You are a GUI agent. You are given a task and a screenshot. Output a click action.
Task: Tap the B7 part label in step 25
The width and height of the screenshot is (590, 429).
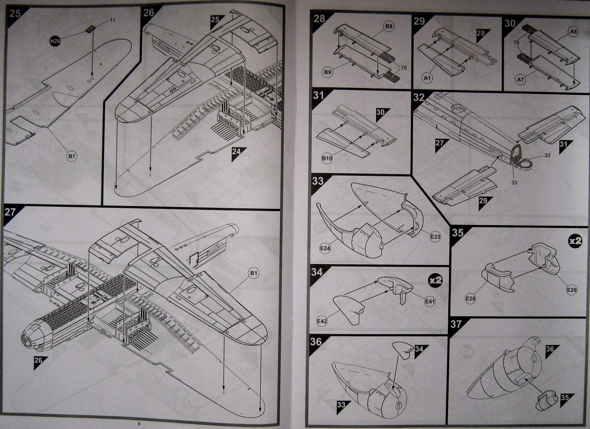coord(72,157)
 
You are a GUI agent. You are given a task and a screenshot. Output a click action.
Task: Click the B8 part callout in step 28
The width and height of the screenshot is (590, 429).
coord(389,27)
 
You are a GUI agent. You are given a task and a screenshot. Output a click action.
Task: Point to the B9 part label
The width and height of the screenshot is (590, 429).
coord(328,72)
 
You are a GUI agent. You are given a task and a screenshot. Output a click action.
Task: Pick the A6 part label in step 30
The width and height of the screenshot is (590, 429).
coord(573,32)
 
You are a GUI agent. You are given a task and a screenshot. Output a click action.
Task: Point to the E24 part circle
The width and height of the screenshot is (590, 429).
coord(325,248)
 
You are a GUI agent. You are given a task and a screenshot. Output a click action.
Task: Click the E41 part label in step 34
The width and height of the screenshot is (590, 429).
coord(430,301)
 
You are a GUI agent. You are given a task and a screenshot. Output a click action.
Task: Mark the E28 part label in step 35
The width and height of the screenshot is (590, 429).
coord(470,299)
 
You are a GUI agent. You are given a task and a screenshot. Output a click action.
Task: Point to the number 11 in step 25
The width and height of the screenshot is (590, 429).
coord(112,20)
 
